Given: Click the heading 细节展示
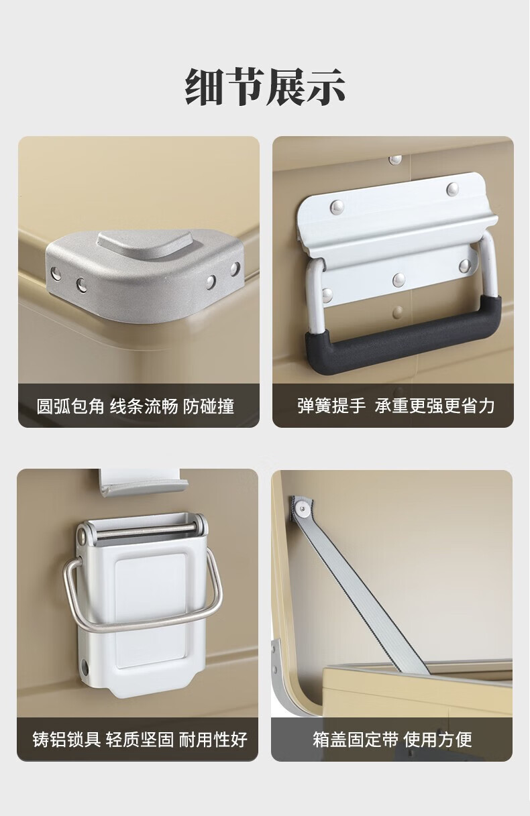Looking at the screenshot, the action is tap(265, 86).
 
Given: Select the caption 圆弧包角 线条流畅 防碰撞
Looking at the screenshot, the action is tap(136, 406).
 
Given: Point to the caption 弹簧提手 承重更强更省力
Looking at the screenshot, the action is tap(396, 406).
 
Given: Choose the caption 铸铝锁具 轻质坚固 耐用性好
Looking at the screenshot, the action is tap(140, 739).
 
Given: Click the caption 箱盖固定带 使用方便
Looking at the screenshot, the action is tap(392, 739).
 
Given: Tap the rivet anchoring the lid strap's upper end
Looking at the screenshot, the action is tap(301, 507).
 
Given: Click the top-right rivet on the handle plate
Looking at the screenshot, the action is tap(452, 188).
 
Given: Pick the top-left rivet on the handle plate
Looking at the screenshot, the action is tap(336, 207).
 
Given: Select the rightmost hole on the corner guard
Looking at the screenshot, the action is tap(235, 269).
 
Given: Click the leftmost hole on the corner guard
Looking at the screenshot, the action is tap(56, 273).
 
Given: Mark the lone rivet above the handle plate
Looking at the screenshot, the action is tap(394, 160).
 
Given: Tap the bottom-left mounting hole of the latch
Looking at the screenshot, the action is tap(86, 666).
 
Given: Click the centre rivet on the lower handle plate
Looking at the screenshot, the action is tap(399, 280).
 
